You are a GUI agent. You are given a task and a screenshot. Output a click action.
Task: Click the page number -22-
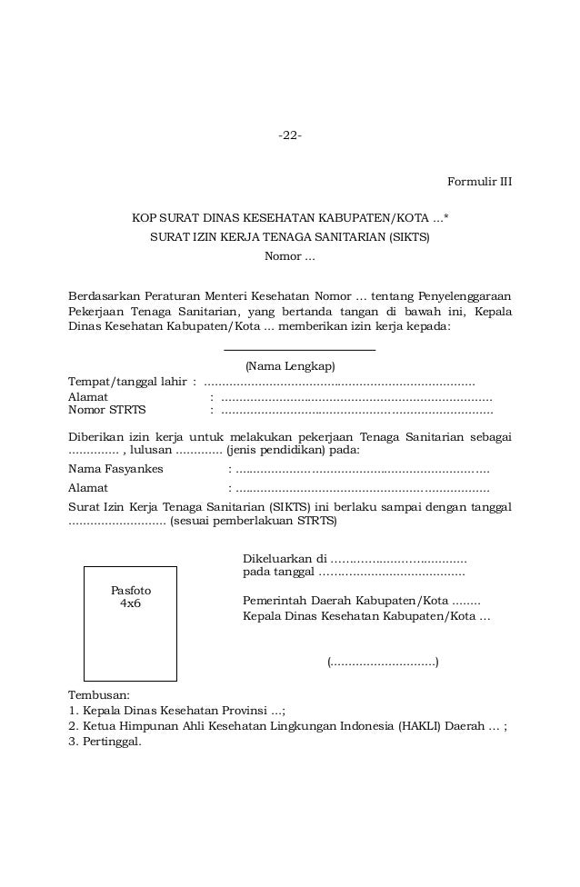point(290,135)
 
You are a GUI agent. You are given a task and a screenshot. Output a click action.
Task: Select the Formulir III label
point(479,182)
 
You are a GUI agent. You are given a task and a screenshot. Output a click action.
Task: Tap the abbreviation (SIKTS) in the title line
point(409,237)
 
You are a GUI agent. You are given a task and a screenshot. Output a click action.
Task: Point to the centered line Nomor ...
point(289,255)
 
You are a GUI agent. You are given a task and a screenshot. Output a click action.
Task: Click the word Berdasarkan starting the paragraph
point(103,296)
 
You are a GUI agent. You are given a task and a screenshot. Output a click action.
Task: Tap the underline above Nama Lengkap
point(299,349)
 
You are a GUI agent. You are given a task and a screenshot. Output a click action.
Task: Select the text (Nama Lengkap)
point(290,366)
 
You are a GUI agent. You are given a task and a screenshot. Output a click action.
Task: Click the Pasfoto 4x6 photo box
point(130,623)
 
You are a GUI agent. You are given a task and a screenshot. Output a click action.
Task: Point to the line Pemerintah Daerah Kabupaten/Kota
point(361,601)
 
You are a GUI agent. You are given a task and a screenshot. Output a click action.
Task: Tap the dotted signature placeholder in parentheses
point(383,661)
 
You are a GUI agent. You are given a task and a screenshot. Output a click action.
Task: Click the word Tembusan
point(99,694)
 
